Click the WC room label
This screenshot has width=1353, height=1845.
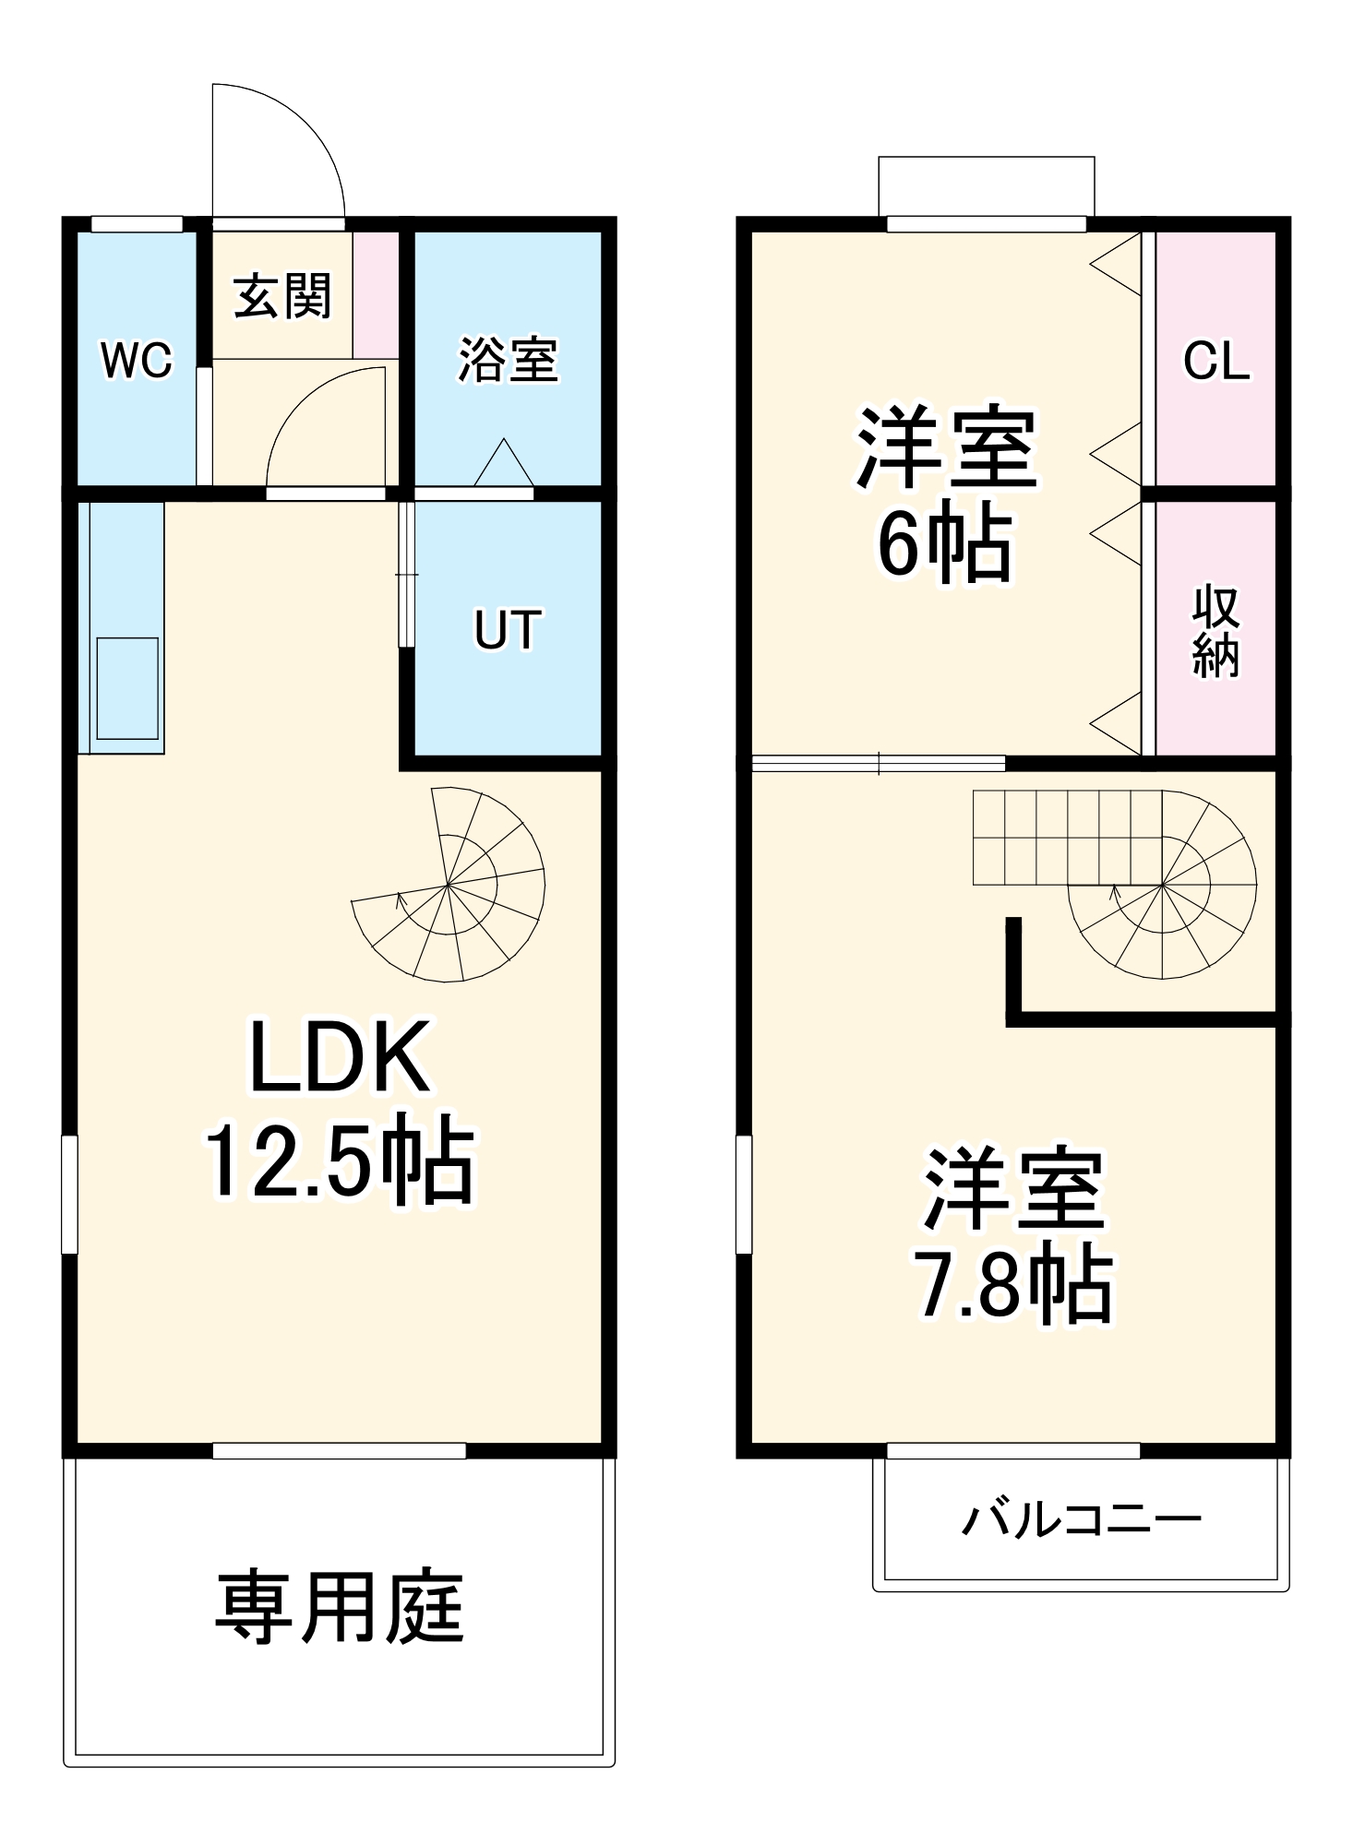pos(137,360)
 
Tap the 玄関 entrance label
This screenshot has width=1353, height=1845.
pos(281,296)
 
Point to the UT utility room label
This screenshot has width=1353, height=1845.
pos(507,630)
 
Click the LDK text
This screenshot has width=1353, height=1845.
pos(340,1057)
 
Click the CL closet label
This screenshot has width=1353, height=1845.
pos(1216,360)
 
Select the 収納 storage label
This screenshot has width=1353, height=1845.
pos(1215,631)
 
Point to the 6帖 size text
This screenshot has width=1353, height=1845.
pos(944,544)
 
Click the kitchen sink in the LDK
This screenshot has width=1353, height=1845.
pos(127,688)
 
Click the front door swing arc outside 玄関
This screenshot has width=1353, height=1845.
pos(277,152)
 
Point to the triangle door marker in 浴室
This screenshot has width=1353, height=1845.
pos(504,464)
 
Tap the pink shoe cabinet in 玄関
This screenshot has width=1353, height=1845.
pos(376,295)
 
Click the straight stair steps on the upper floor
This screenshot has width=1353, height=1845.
pos(1066,837)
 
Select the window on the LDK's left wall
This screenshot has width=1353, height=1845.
pos(69,1195)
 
